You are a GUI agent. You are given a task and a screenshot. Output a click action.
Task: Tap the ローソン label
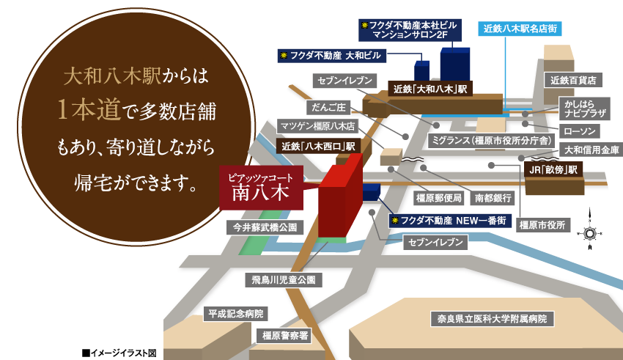[579, 131]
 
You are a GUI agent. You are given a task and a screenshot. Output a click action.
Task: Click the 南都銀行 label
[493, 197]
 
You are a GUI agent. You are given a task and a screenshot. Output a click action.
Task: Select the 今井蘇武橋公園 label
[263, 228]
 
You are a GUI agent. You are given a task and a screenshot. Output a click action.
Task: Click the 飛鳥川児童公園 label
[282, 280]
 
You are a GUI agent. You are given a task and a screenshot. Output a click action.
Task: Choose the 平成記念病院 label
[234, 313]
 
